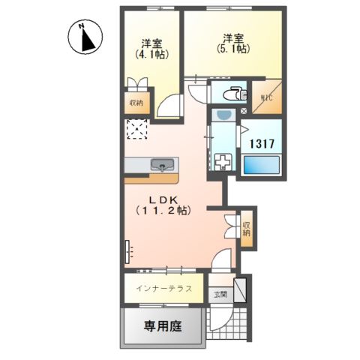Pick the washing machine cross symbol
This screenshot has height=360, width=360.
point(223,162)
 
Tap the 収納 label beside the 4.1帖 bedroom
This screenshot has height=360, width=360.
point(136,103)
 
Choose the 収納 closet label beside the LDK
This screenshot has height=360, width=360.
point(247,229)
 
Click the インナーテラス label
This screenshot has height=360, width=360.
point(164,288)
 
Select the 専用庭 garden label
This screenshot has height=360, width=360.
point(163,327)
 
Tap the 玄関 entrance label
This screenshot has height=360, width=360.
point(219,295)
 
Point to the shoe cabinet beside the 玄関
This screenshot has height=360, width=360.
point(240,290)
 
